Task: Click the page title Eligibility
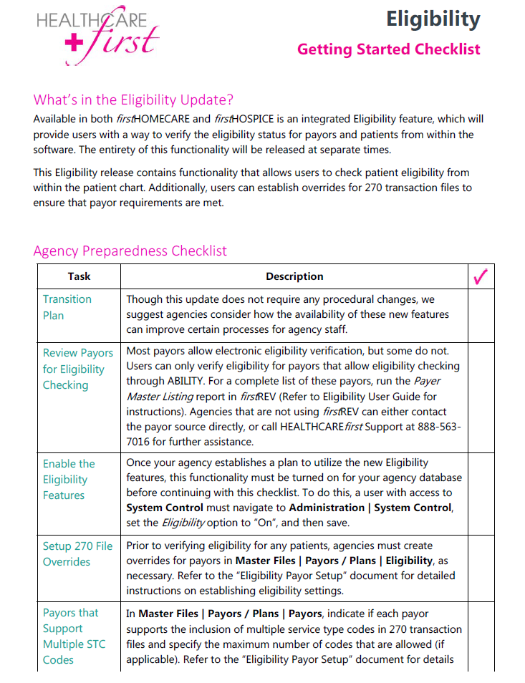[x=433, y=19]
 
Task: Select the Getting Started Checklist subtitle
[x=388, y=49]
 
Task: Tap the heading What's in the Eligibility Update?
[x=133, y=100]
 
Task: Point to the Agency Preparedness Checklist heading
[x=130, y=251]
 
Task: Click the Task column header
[x=79, y=276]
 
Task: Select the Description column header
[x=294, y=276]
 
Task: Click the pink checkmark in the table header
[x=481, y=276]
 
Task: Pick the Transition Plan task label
[x=67, y=307]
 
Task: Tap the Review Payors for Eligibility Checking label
[x=77, y=369]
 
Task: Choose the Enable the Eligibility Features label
[x=69, y=479]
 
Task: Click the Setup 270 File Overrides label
[x=77, y=553]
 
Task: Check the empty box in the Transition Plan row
[x=481, y=315]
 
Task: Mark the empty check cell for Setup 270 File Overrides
[x=481, y=568]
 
